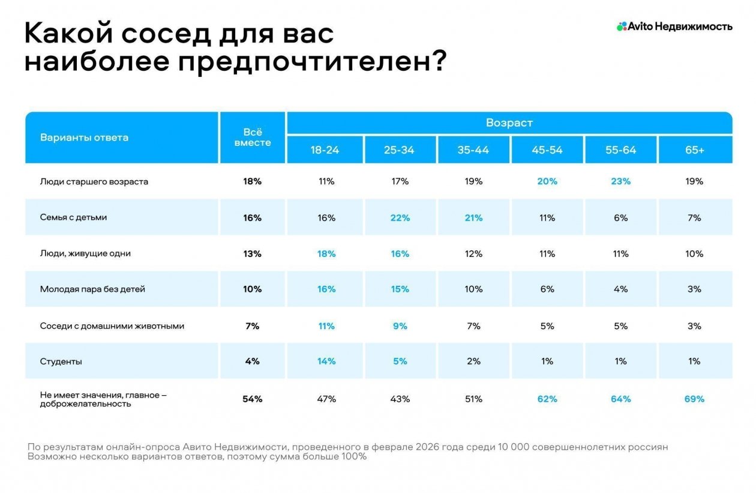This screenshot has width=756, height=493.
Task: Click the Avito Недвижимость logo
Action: point(674,26)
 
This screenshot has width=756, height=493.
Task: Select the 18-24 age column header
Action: point(325,150)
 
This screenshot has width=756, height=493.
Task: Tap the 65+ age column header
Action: point(694,150)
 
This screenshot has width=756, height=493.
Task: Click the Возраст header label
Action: point(509,123)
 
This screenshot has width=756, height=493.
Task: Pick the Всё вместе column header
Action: point(253,138)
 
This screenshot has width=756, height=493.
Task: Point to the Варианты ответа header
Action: point(84,138)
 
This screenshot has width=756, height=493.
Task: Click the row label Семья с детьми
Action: point(73,217)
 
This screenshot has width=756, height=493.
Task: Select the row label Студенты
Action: point(61,361)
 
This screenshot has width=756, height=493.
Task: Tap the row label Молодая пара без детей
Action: point(92,289)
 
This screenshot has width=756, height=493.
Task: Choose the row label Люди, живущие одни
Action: point(85,253)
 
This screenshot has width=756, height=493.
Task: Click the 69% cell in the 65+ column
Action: point(694,399)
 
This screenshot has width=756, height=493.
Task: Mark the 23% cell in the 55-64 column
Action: point(620,181)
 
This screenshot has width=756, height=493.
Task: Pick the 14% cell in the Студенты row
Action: point(326,361)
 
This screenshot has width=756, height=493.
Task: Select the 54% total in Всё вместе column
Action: point(252,399)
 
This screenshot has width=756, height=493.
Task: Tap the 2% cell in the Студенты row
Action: point(473,361)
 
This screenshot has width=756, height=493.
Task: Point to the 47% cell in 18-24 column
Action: point(326,399)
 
